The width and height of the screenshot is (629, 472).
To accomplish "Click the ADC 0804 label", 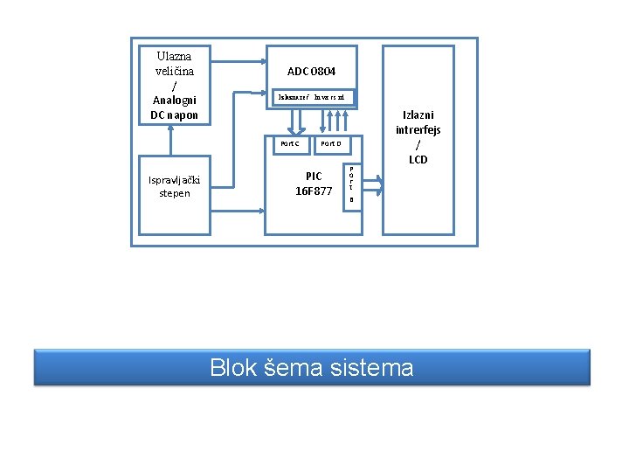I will [311, 71].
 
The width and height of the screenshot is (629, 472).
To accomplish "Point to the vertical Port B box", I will [351, 185].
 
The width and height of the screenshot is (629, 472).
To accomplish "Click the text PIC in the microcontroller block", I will [314, 176].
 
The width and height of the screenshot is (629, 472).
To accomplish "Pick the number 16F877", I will [314, 191].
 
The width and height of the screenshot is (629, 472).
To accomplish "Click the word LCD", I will [418, 159].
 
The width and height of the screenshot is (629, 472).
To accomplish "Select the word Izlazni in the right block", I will [418, 115].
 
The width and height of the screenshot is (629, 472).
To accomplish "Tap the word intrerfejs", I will [418, 129].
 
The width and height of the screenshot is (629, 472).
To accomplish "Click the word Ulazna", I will [174, 56].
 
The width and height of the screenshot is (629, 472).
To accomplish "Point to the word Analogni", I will [174, 100].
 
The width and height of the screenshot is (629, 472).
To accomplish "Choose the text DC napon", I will [174, 115].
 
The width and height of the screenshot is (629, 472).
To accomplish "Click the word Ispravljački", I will [175, 180].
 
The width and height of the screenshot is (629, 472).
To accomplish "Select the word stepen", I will [175, 193].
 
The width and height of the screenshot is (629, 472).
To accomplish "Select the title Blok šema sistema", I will [312, 368].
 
